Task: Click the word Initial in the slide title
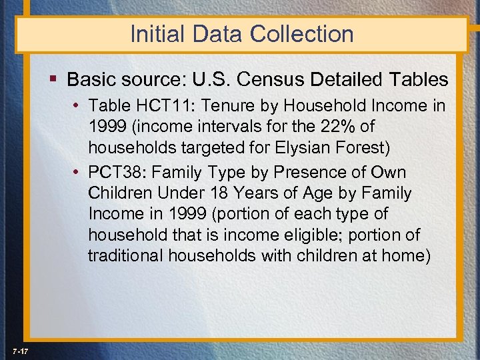(x=151, y=34)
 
